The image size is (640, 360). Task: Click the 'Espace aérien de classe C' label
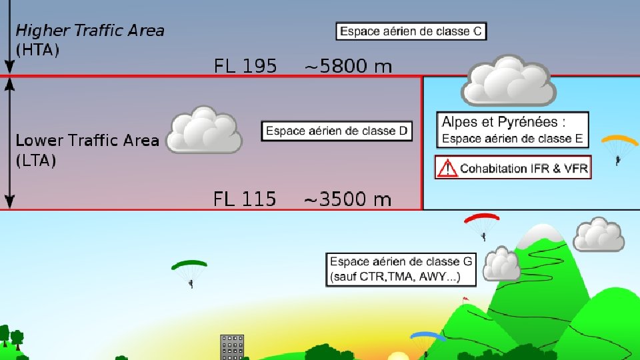411,31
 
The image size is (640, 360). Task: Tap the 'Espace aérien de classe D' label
336,131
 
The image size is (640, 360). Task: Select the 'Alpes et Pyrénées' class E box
513,130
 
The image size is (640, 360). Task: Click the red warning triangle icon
447,167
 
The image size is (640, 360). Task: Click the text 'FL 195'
245,66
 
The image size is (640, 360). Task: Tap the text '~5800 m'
348,66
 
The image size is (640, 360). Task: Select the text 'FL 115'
245,199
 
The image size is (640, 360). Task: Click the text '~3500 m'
347,199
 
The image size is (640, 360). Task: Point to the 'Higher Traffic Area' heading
89,30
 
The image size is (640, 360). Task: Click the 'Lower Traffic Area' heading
87,141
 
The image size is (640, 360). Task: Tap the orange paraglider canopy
619,141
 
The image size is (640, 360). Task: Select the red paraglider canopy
482,219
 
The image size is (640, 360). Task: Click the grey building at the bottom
232,347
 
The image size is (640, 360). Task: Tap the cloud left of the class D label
203,130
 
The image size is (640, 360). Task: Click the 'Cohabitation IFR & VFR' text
524,168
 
